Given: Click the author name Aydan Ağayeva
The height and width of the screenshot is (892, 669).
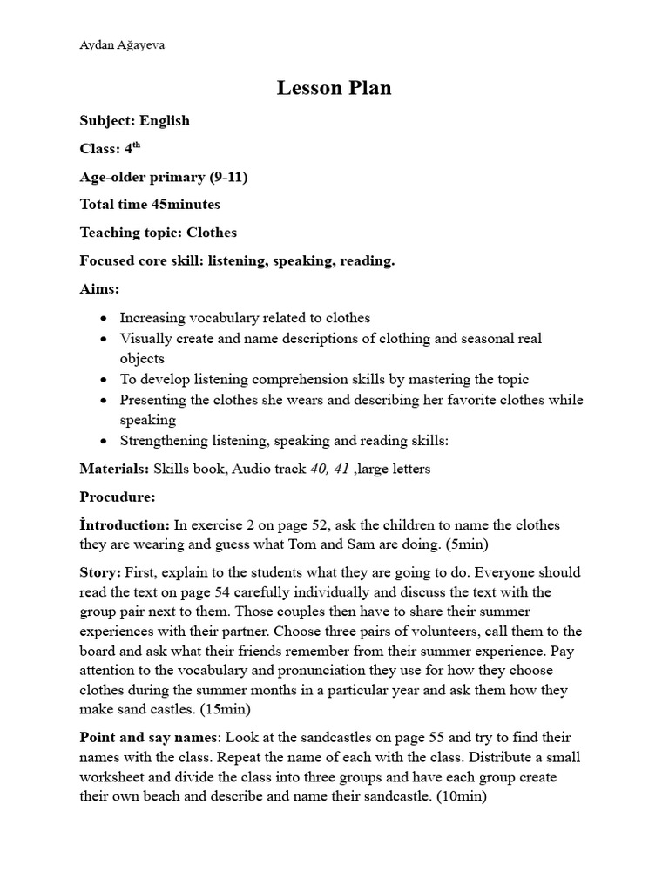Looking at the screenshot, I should coord(122,45).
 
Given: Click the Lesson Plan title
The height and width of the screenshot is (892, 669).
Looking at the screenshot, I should coord(334,88).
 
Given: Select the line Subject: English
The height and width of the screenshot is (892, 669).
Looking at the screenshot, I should coord(134,120).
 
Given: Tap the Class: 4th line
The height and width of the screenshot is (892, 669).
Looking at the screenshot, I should coord(110,148).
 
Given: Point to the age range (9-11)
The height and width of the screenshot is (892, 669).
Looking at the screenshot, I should coord(228,177).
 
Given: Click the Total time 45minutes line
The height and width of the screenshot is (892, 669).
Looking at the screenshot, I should coord(150,205).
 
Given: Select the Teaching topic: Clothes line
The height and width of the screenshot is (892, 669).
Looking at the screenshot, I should coord(158,233).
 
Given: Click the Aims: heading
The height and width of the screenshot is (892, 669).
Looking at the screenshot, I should coord(99,288).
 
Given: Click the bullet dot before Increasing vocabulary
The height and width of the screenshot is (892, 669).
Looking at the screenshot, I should coord(105,319).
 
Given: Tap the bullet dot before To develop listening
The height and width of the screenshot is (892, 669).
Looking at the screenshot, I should coord(105,380).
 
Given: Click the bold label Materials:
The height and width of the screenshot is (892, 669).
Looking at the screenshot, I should coord(114,469).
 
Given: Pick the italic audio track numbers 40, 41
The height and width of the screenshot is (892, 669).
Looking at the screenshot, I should coord(329,469).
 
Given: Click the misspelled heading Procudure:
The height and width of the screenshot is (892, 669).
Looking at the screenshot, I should coord(118,497).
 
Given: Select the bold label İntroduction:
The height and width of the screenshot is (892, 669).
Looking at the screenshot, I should coord(125,524).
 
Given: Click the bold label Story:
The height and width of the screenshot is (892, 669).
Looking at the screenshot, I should coord(99,572).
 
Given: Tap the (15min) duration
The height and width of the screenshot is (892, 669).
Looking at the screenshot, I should coord(226,709).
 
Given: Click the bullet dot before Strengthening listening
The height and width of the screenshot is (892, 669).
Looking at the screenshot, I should coord(105,441).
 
